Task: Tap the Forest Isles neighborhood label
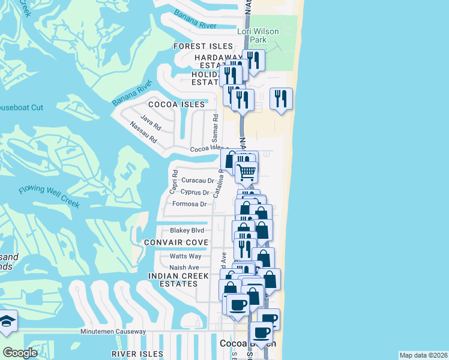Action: [x=203, y=46]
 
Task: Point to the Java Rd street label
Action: [x=151, y=124]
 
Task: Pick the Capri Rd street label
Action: [x=173, y=182]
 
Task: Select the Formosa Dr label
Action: [x=189, y=204]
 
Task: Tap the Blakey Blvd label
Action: [x=187, y=230]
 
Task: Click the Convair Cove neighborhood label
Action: [x=176, y=242]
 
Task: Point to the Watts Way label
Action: [x=185, y=256]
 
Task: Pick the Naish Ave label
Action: [x=184, y=268]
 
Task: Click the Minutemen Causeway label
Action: [x=113, y=332]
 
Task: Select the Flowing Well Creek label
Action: [x=49, y=196]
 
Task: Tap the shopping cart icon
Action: [x=247, y=172]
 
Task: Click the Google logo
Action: [x=20, y=352]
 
